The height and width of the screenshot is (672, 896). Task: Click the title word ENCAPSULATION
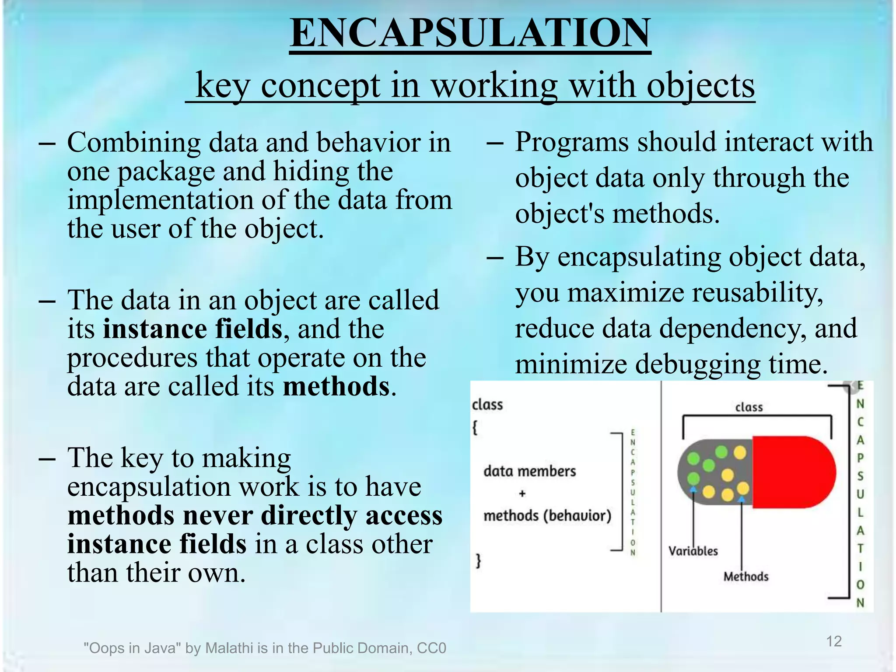[470, 33]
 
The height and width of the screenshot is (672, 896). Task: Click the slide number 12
[833, 641]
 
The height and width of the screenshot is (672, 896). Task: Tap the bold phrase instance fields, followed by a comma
[192, 329]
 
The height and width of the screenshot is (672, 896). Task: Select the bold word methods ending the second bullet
[336, 387]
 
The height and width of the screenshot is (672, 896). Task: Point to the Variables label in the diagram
[693, 551]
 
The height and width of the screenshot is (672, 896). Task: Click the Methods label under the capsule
[745, 577]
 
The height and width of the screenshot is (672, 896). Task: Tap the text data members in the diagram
[529, 471]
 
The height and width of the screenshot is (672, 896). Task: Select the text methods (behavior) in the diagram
[547, 516]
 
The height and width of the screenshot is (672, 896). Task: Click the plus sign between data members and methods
[522, 493]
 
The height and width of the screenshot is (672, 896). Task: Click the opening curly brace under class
[475, 427]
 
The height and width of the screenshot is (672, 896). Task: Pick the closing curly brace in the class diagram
[478, 560]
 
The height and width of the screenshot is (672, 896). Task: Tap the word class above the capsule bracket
[749, 407]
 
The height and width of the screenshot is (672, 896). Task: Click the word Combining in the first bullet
[133, 143]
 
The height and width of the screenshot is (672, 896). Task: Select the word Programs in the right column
[572, 142]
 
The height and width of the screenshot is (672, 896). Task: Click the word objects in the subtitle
[700, 85]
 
